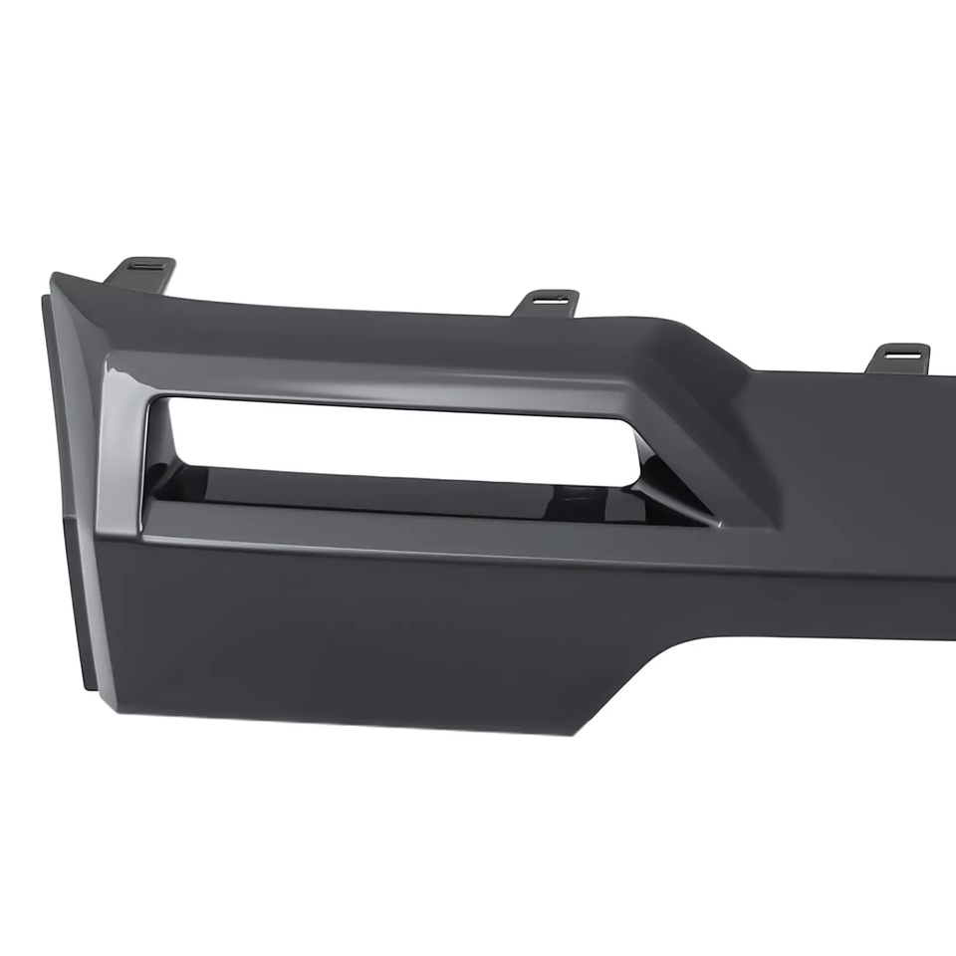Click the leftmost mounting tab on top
pyautogui.click(x=141, y=271)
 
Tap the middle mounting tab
pyautogui.click(x=546, y=302)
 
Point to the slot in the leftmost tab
pyautogui.click(x=145, y=265)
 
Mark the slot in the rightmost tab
pyautogui.click(x=903, y=351)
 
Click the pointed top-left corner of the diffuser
pyautogui.click(x=56, y=277)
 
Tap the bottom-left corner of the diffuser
pyautogui.click(x=114, y=709)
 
